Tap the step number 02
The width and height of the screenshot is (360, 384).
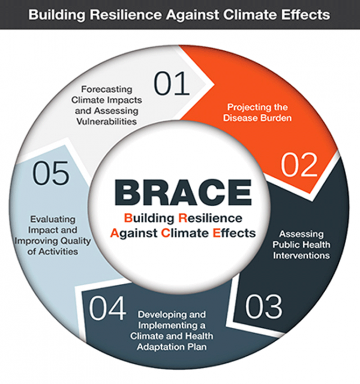pos(300,166)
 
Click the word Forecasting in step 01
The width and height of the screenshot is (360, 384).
pos(106,89)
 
